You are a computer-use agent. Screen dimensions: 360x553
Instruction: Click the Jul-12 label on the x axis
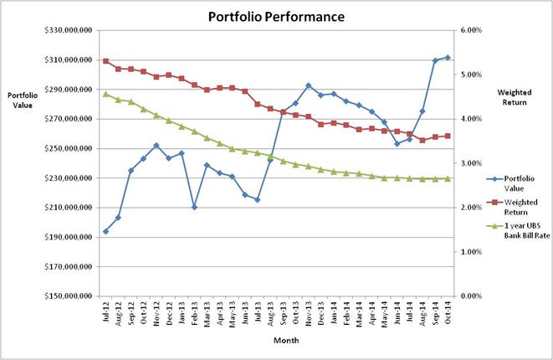[106, 311]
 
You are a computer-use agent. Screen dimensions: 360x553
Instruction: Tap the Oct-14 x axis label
[448, 311]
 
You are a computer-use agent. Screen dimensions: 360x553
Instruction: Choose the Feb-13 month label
[195, 311]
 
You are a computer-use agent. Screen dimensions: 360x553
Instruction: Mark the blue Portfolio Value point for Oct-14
[448, 58]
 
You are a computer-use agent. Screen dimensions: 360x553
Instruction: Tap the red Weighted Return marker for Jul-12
[105, 61]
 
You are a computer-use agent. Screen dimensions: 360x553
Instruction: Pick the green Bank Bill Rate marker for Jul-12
[105, 94]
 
